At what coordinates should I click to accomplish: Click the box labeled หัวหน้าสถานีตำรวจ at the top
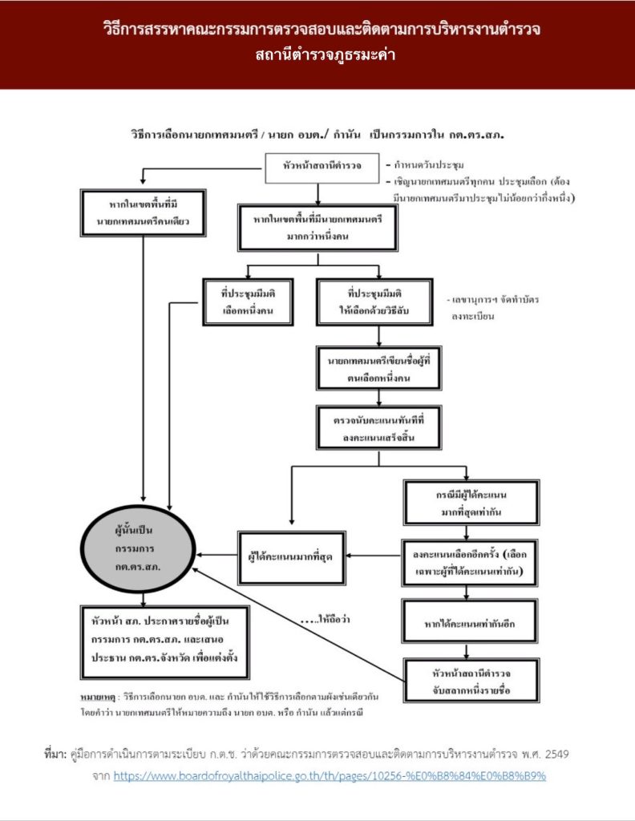click(322, 168)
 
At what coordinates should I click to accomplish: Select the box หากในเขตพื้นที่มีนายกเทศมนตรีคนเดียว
click(143, 213)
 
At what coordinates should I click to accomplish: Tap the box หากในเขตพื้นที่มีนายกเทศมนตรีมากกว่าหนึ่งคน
click(317, 228)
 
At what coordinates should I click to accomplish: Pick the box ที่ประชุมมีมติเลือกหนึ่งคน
click(248, 302)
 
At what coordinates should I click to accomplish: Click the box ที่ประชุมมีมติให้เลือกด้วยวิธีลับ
click(374, 302)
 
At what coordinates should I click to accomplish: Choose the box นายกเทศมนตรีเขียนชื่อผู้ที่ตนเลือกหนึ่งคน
click(378, 368)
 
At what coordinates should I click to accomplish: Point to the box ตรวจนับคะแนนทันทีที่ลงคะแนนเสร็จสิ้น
click(378, 427)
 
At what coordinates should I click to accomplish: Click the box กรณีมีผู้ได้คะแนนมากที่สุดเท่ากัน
click(471, 502)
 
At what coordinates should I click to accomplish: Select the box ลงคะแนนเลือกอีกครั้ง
click(470, 562)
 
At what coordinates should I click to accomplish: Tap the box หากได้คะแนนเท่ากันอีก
click(470, 621)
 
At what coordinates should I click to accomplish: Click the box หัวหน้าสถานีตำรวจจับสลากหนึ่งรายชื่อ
click(471, 681)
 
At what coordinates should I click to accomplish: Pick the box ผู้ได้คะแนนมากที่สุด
click(292, 557)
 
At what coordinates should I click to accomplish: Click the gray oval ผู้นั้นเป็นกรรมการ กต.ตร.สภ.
click(138, 548)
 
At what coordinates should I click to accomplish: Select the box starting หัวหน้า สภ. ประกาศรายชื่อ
click(165, 642)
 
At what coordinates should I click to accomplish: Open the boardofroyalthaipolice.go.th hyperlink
click(330, 776)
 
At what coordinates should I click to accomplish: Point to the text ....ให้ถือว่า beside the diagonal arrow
click(325, 620)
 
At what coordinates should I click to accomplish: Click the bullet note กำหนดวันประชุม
click(425, 165)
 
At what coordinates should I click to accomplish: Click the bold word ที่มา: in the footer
click(55, 754)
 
